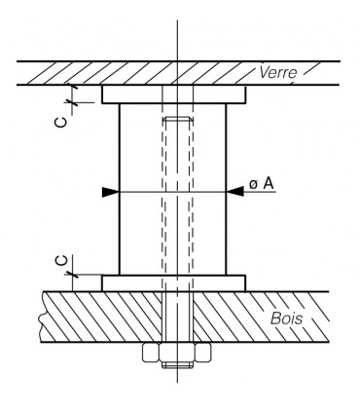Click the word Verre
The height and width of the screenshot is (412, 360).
click(278, 72)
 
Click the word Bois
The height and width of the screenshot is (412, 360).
click(287, 318)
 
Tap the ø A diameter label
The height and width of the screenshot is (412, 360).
click(262, 183)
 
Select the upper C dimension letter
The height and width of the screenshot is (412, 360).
click(61, 122)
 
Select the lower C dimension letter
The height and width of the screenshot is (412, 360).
click(62, 261)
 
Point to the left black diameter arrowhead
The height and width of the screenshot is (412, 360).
click(111, 192)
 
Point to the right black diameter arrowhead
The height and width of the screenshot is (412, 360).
click(234, 192)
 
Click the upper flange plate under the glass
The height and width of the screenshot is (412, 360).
click(174, 94)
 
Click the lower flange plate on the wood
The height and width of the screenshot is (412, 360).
click(174, 283)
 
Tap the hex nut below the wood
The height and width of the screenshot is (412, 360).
click(177, 352)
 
